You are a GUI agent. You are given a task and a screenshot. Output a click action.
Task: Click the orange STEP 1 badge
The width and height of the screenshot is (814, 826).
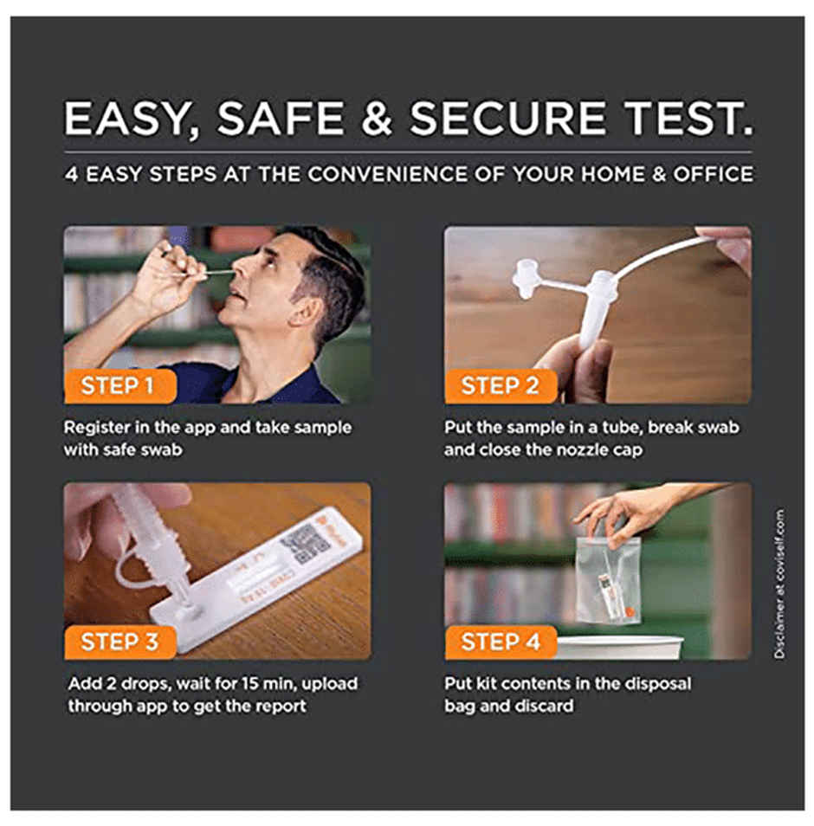pos(120,386)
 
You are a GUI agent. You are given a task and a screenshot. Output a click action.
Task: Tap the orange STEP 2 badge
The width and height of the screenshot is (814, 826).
pos(501,386)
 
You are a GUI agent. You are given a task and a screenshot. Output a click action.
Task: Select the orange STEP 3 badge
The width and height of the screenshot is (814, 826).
pos(120,642)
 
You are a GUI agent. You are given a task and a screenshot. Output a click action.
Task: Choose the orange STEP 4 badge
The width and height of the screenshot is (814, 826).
pos(501,642)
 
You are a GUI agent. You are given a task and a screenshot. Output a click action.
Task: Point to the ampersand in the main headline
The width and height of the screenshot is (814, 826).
pos(377,118)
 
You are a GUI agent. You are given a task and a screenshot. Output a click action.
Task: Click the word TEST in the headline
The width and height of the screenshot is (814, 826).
pos(688,118)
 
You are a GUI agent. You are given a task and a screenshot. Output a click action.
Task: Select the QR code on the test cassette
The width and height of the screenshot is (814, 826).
pos(305,544)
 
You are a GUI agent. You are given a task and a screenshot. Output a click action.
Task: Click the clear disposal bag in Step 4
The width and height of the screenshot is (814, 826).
pos(609,579)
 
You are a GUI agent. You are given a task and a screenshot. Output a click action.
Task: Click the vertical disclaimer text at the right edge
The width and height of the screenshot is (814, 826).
pos(779,584)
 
